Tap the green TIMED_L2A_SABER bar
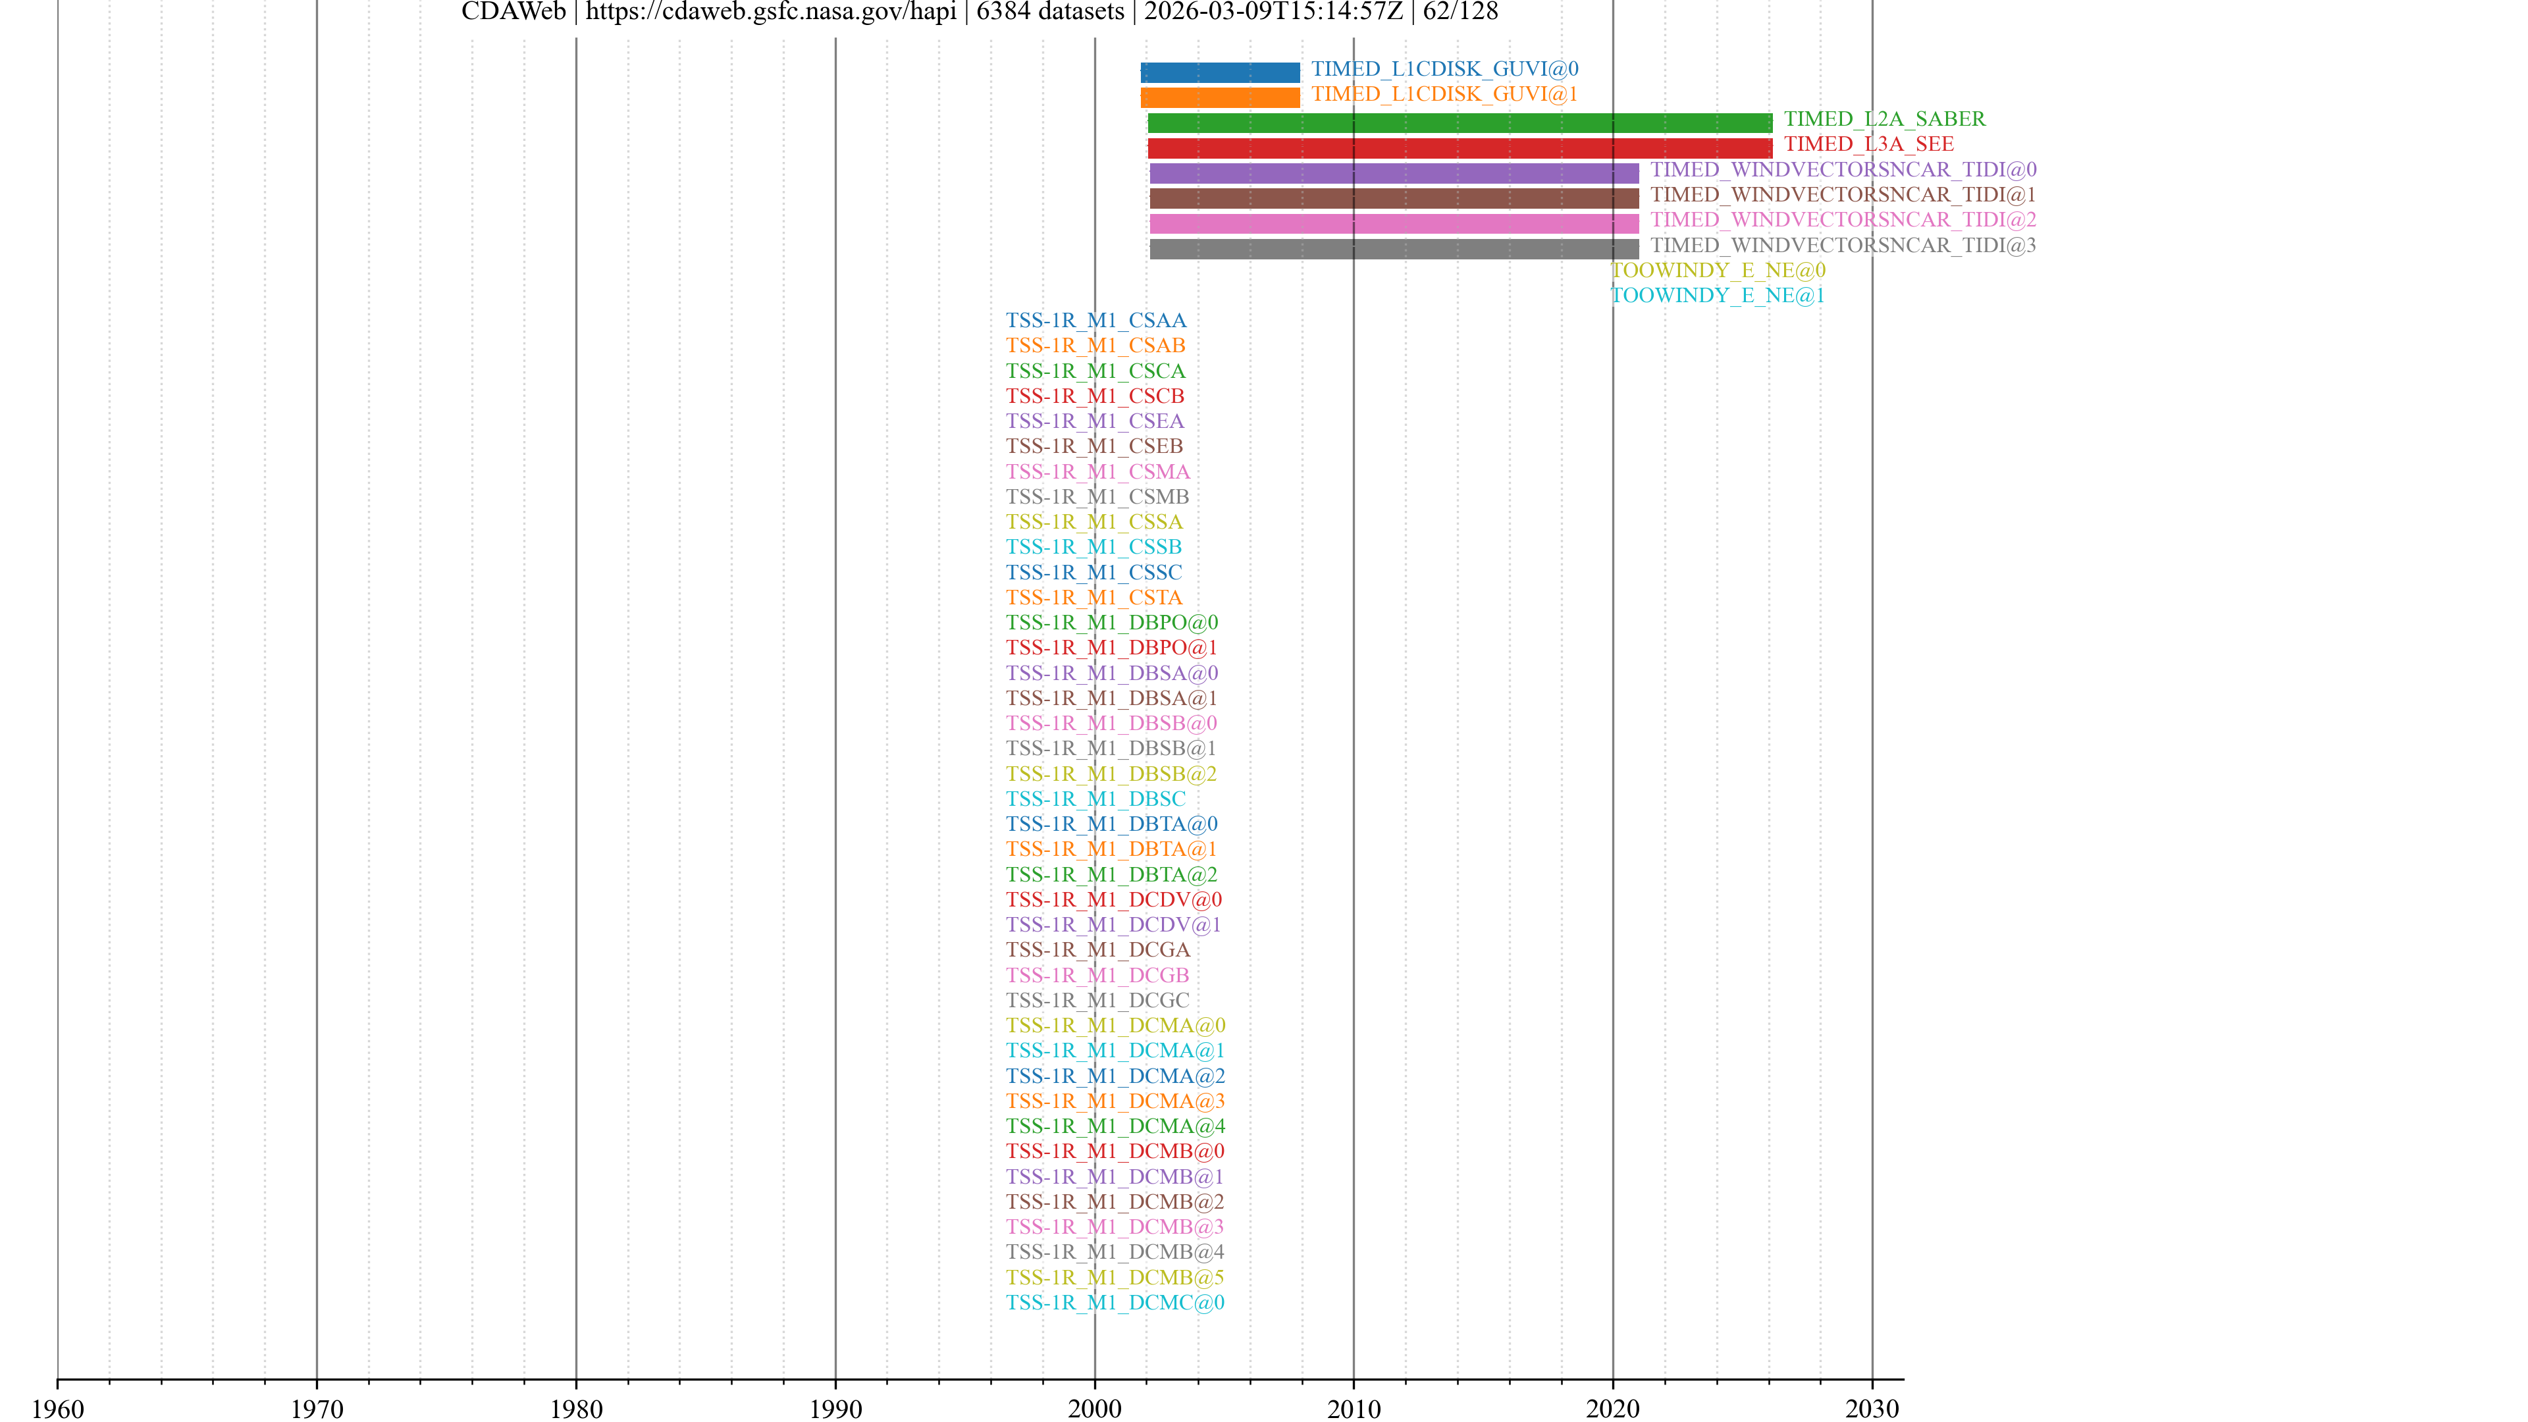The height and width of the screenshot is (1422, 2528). click(x=1460, y=122)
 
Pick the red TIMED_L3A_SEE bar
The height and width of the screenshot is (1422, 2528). click(x=1460, y=148)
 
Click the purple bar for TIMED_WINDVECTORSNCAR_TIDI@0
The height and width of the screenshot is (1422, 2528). click(x=1394, y=174)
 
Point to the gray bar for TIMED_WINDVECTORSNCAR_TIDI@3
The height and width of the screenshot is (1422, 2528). click(x=1394, y=250)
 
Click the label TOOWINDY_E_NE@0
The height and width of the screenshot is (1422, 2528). click(x=1718, y=271)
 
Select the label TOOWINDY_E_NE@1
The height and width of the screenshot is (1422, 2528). click(x=1718, y=296)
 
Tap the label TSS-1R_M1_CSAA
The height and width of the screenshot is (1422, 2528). click(x=1095, y=321)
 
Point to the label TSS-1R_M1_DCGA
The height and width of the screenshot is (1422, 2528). click(x=1097, y=950)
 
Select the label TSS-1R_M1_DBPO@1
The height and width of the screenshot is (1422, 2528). click(x=1111, y=648)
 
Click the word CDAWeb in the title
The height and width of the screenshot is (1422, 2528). click(x=513, y=12)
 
